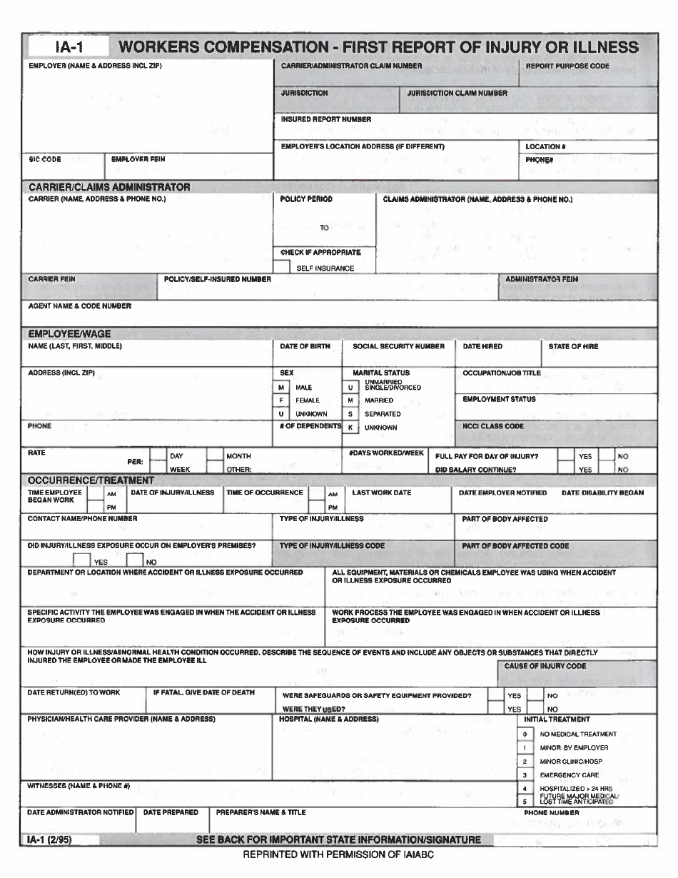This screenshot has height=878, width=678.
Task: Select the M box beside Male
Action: (282, 387)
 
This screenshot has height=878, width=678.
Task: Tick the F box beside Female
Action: (282, 400)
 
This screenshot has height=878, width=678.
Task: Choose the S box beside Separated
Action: (350, 414)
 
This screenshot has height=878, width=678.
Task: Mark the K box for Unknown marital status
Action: (350, 428)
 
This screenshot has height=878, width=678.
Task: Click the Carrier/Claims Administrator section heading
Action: (109, 187)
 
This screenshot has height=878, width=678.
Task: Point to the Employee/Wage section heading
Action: (69, 333)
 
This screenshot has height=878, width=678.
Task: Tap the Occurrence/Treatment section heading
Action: (91, 480)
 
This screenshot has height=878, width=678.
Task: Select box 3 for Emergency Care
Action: (525, 774)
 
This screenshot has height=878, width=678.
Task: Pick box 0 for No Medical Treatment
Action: (525, 734)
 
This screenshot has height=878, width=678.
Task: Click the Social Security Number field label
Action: (398, 346)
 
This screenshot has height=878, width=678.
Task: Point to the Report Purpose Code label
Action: (567, 66)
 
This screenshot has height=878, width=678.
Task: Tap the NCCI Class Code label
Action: (493, 426)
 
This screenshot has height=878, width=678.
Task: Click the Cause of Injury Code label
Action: (545, 666)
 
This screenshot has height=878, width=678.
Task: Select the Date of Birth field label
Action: (305, 346)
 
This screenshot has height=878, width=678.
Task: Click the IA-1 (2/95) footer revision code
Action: (50, 839)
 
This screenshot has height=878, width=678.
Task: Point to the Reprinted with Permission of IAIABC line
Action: (338, 854)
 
